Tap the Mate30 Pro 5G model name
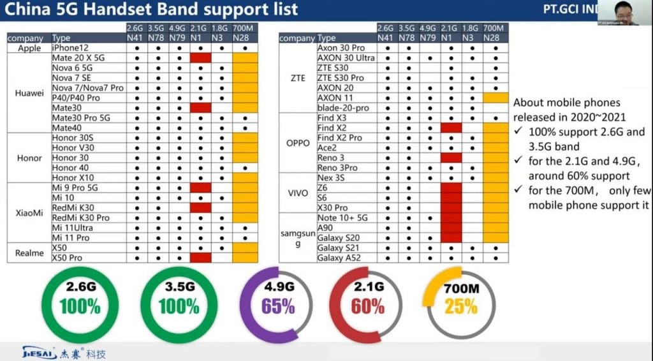81,118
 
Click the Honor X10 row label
73,177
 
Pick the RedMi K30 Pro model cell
80,217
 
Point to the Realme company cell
29,253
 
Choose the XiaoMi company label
29,212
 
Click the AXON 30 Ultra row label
346,58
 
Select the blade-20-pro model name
342,108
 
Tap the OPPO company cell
297,143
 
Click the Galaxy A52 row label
339,258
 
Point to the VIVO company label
297,193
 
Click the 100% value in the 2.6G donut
80,306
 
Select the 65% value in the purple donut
277,306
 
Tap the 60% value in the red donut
367,306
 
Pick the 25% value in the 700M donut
461,306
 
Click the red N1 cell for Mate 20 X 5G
200,58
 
